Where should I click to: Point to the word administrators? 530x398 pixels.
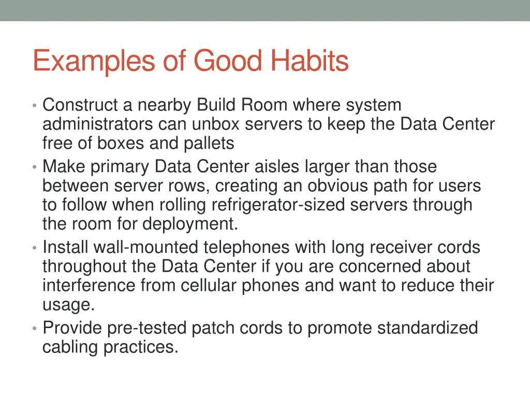97,124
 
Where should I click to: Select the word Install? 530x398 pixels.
61,248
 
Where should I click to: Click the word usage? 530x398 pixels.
68,305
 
